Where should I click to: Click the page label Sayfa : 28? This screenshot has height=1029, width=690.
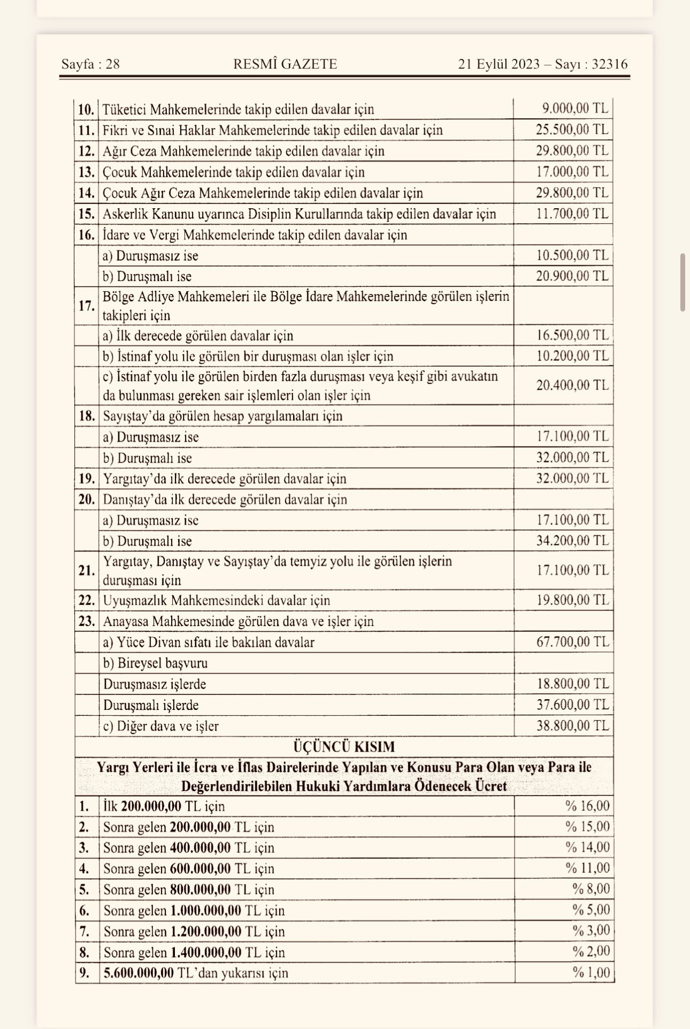[90, 64]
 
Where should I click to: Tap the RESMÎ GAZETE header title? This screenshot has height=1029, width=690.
[285, 64]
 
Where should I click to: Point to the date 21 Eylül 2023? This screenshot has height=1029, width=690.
[499, 64]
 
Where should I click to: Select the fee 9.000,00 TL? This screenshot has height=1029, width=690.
[575, 109]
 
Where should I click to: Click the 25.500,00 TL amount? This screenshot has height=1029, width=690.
[572, 130]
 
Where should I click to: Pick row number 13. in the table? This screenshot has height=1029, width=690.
[86, 172]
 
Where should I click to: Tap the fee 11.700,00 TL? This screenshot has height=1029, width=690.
[572, 214]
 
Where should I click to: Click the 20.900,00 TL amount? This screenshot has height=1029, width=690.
[572, 276]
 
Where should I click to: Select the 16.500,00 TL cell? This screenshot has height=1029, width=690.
[572, 336]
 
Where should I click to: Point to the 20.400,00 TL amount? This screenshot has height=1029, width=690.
[572, 385]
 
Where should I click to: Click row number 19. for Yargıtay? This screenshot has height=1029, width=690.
[86, 479]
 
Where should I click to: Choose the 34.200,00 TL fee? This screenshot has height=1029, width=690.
[572, 541]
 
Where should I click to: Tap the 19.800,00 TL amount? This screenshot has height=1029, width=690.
[572, 600]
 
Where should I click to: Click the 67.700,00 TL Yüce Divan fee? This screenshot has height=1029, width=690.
[572, 642]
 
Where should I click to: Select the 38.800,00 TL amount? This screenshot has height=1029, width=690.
[572, 725]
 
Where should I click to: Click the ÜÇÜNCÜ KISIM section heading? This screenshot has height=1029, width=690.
[344, 747]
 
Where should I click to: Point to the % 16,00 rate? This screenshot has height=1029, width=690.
[587, 806]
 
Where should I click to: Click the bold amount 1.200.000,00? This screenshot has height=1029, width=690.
[205, 932]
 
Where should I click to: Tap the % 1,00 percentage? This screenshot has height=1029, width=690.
[591, 972]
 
